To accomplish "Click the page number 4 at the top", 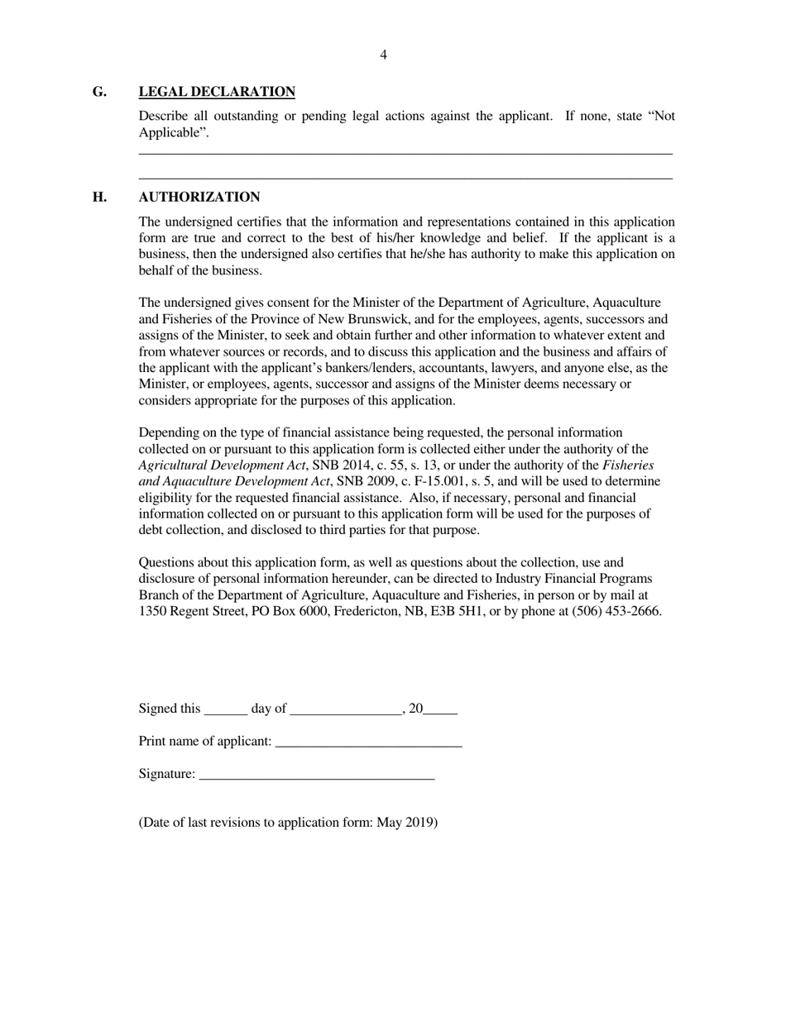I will click(x=383, y=55).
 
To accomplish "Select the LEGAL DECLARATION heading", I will click(x=217, y=92).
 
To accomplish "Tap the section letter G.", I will click(x=99, y=92).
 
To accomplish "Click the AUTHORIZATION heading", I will click(x=199, y=197).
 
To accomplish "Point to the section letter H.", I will click(x=99, y=197).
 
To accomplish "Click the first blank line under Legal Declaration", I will click(x=405, y=153).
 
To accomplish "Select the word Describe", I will click(x=162, y=116).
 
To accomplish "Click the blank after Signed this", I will click(x=225, y=709).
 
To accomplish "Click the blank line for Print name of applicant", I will click(x=368, y=742).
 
